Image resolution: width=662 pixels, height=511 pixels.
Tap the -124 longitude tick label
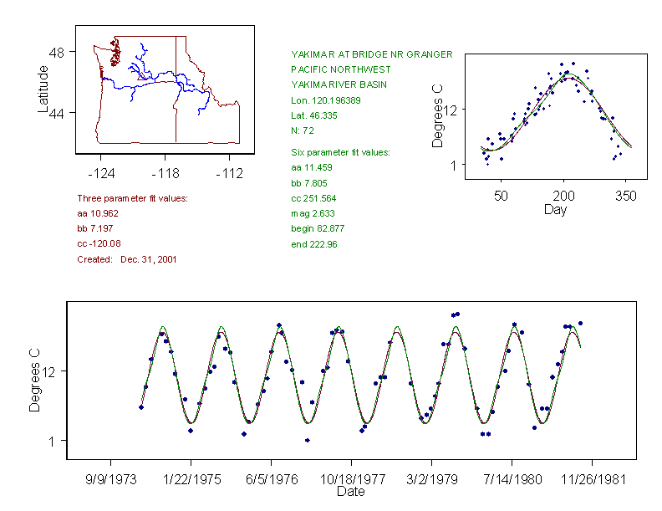(x=101, y=173)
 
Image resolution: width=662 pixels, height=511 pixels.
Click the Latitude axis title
(x=43, y=89)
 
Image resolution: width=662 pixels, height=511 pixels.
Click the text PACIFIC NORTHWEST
(x=340, y=69)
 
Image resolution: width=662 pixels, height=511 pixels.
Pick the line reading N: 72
(x=302, y=130)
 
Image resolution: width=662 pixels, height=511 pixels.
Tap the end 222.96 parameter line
(x=313, y=244)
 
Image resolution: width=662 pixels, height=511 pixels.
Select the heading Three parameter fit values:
(x=132, y=198)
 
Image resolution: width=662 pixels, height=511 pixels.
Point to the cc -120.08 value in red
(x=99, y=244)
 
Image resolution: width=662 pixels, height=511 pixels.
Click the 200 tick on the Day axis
(x=563, y=196)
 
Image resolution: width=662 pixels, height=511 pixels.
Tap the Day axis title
(x=555, y=209)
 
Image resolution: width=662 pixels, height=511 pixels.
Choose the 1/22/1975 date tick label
(x=191, y=481)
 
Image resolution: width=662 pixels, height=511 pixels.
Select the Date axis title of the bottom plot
(x=350, y=492)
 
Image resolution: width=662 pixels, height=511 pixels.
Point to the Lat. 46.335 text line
(x=313, y=115)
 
